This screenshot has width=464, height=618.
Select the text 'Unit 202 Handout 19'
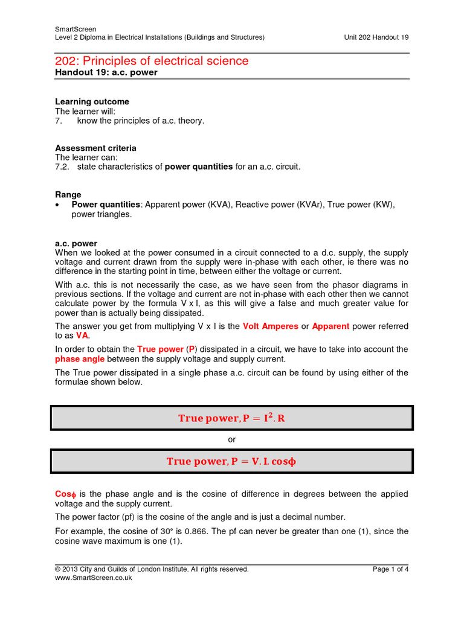376,37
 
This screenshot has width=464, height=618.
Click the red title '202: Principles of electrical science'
152,61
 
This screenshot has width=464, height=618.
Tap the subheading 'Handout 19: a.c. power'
106,72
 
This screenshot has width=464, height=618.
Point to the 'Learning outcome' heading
92,101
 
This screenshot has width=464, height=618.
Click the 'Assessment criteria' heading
95,148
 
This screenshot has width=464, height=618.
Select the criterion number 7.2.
62,167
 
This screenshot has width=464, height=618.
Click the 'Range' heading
68,194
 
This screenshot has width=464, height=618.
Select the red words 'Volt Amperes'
270,326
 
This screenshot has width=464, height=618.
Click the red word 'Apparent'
330,326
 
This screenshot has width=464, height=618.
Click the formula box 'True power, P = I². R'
231,418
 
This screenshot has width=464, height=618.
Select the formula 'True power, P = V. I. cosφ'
231,462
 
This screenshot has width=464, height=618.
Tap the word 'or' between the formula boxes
231,440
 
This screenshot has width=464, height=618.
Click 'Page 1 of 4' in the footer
390,569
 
